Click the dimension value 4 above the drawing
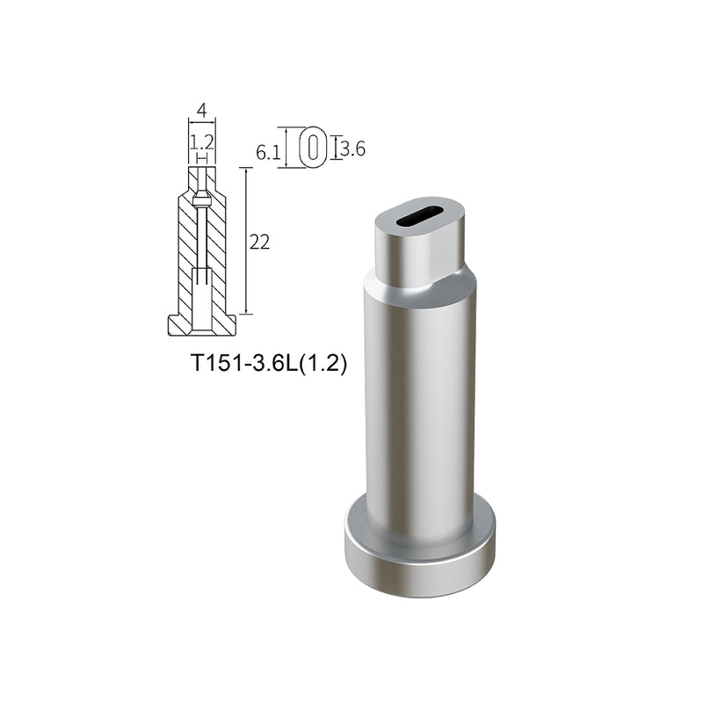coord(202,111)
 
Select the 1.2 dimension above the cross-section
coord(202,140)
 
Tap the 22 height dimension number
coord(260,243)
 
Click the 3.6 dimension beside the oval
coord(352,149)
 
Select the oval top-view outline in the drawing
coord(313,147)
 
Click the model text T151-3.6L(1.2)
coord(269,364)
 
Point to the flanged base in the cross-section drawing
coord(202,326)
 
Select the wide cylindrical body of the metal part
coord(420,404)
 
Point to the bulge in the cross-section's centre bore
coord(202,200)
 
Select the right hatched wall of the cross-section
coord(217,255)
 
